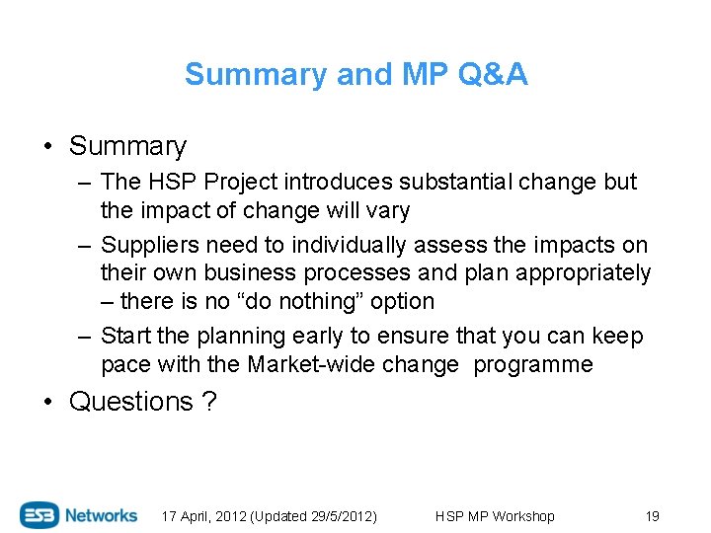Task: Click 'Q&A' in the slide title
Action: (x=495, y=75)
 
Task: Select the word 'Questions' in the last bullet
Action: (x=131, y=402)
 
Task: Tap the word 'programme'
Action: (x=533, y=364)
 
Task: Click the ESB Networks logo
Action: (x=79, y=515)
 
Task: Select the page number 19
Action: (x=652, y=516)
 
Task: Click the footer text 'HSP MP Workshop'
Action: (x=495, y=516)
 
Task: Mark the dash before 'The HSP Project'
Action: (x=86, y=182)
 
